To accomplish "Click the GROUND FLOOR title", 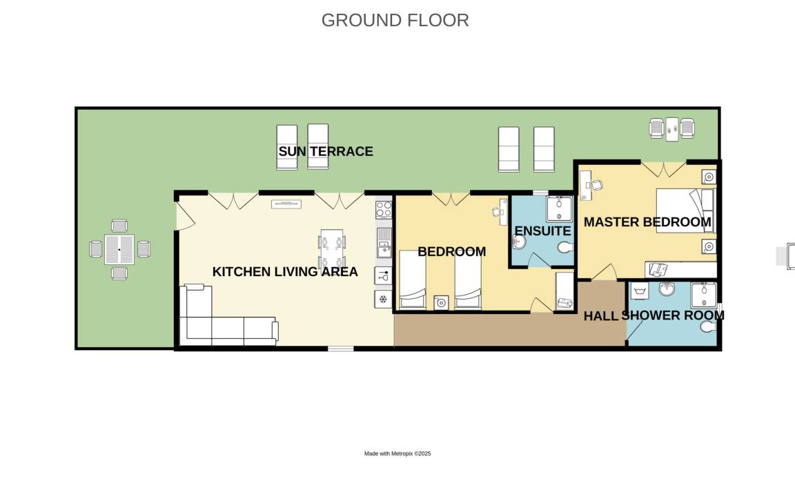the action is coord(395,20).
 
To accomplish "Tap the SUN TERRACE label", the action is coord(326,151).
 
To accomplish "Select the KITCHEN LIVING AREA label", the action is coord(285,272).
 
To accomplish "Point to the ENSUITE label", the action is coord(542,231).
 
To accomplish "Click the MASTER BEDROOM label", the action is coord(647,222).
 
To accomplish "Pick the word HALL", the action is coord(601,316).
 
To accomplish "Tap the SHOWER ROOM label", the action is coord(673,315).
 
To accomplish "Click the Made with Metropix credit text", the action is coord(397,453).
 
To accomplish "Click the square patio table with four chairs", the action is coord(119,250).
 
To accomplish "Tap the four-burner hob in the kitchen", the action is coord(384,210).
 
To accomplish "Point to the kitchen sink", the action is coord(384,242).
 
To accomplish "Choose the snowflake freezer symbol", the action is coord(383,300).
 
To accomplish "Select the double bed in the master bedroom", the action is coord(685,211).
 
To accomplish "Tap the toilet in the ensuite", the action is coord(565,248).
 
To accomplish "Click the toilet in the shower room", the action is coord(708,327).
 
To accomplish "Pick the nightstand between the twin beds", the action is coord(440,303).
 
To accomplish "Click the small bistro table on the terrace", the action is coord(671,129).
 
